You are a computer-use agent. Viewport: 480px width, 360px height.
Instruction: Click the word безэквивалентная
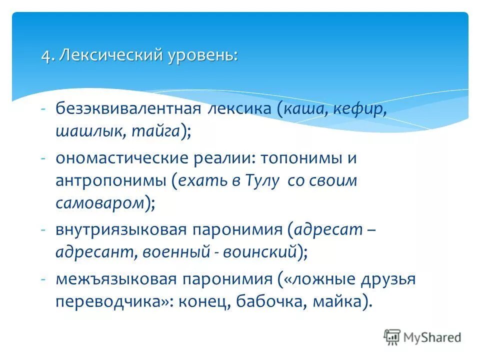(x=128, y=109)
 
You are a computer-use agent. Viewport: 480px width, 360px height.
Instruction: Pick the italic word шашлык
(x=90, y=131)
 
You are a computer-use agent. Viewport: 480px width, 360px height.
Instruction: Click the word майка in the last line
(x=343, y=302)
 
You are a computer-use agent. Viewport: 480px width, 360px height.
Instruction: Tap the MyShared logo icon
(x=391, y=337)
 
